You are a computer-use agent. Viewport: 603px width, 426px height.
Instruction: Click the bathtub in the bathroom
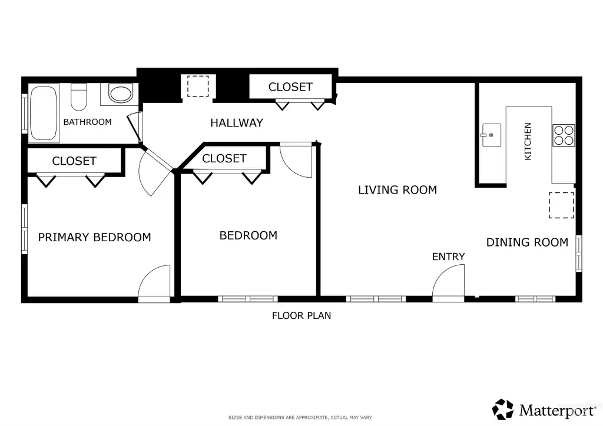pos(44,113)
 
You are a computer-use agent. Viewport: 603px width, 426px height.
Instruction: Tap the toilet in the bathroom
pos(79,97)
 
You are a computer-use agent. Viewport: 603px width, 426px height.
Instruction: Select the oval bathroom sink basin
pos(120,94)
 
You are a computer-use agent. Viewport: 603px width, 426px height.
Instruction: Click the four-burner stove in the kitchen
pos(564,135)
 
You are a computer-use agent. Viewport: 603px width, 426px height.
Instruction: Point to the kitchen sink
pos(492,135)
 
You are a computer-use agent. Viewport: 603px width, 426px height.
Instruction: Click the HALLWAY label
pos(237,123)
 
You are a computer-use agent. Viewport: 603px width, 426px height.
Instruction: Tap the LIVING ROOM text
pos(397,190)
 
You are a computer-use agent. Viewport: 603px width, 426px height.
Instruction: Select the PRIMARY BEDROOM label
pos(95,237)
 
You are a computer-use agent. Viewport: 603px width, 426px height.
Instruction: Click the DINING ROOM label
pos(527,242)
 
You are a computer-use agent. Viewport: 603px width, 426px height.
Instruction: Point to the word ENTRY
pos(448,257)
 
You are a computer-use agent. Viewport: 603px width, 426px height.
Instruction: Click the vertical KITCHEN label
pos(528,141)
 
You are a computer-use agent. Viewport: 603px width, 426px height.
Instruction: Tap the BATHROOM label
pos(87,122)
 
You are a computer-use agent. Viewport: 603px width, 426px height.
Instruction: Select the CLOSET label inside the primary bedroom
pos(74,161)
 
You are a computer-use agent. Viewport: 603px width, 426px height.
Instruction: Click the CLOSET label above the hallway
pos(290,87)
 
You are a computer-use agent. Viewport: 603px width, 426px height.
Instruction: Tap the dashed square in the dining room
pos(561,205)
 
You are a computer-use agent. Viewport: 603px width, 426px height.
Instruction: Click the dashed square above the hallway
pos(198,86)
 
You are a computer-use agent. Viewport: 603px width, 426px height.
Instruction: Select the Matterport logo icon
pos(503,409)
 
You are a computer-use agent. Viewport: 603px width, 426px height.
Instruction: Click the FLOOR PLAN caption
pos(301,316)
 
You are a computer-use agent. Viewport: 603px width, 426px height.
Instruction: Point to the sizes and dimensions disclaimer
pos(300,418)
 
